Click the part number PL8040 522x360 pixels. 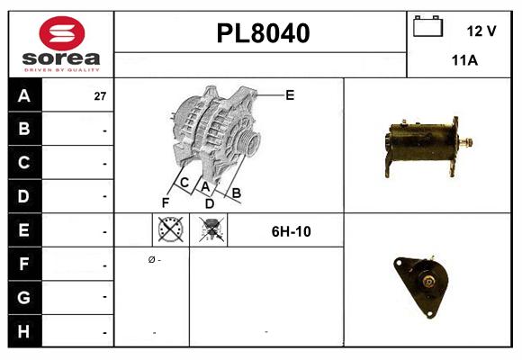(x=263, y=33)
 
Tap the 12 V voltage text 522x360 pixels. (x=481, y=31)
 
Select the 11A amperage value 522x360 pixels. (x=463, y=61)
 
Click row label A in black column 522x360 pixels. (x=24, y=95)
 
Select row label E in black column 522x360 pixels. (x=24, y=231)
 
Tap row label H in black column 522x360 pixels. (x=24, y=331)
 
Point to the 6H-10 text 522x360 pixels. (x=291, y=231)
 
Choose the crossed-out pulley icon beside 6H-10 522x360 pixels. (x=212, y=231)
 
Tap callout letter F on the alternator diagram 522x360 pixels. (x=165, y=202)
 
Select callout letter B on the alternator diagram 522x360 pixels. (x=237, y=192)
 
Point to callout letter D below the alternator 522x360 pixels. (x=209, y=203)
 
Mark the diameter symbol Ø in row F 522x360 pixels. (x=151, y=259)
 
